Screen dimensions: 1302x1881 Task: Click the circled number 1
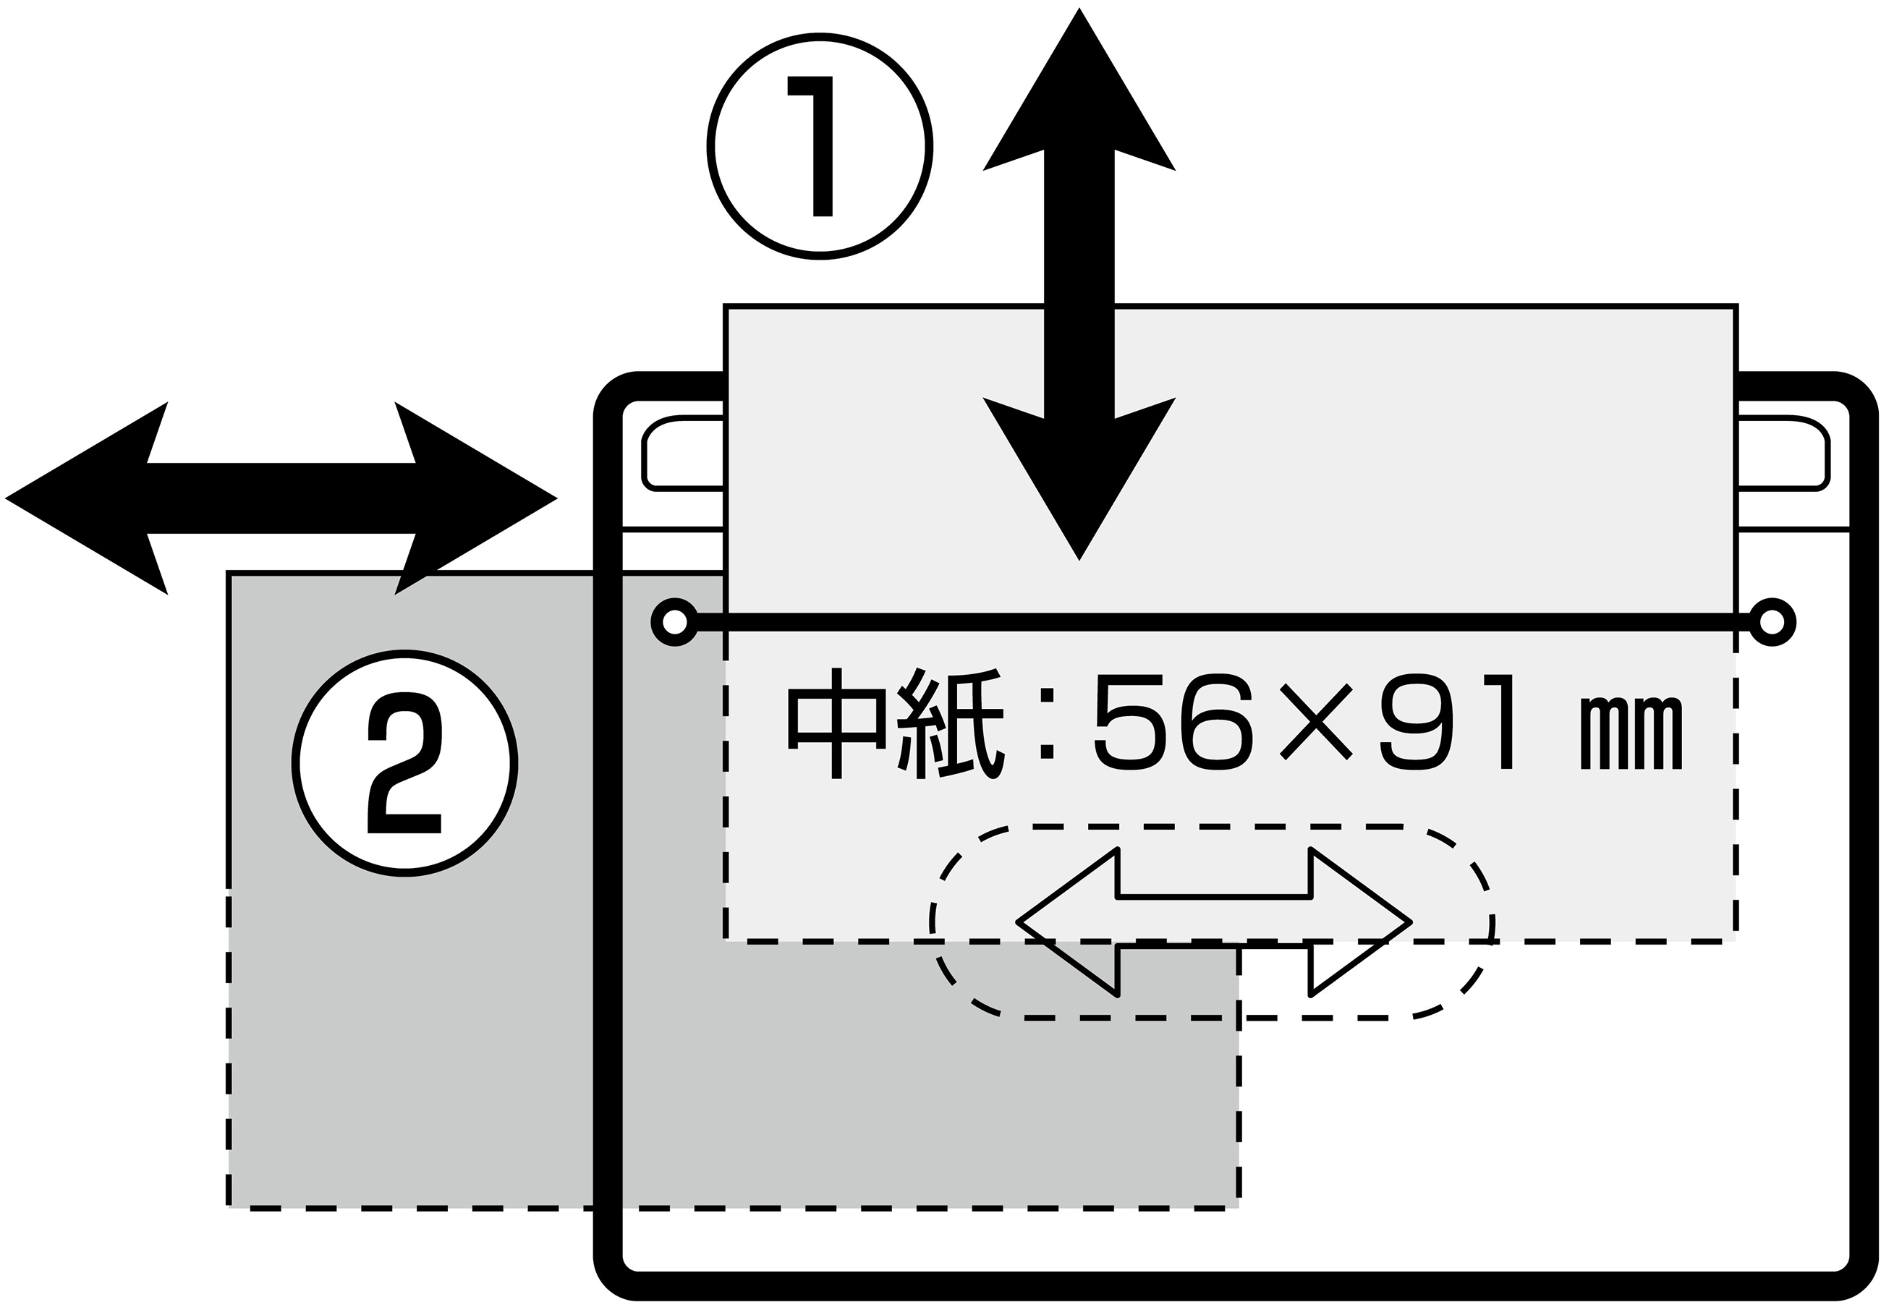(819, 147)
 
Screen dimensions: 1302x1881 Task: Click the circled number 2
(404, 764)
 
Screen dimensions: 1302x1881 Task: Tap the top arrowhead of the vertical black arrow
(1079, 90)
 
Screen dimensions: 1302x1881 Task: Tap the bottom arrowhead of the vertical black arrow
(1079, 481)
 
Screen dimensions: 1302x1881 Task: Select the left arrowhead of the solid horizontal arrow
(90, 498)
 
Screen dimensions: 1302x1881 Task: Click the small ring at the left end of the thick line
(674, 623)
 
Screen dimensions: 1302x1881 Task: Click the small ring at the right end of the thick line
(1772, 623)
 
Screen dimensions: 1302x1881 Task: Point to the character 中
(836, 723)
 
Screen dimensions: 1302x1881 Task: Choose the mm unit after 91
(1631, 733)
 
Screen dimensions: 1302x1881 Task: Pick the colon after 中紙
(1048, 723)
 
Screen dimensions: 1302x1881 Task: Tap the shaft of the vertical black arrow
(1079, 286)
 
